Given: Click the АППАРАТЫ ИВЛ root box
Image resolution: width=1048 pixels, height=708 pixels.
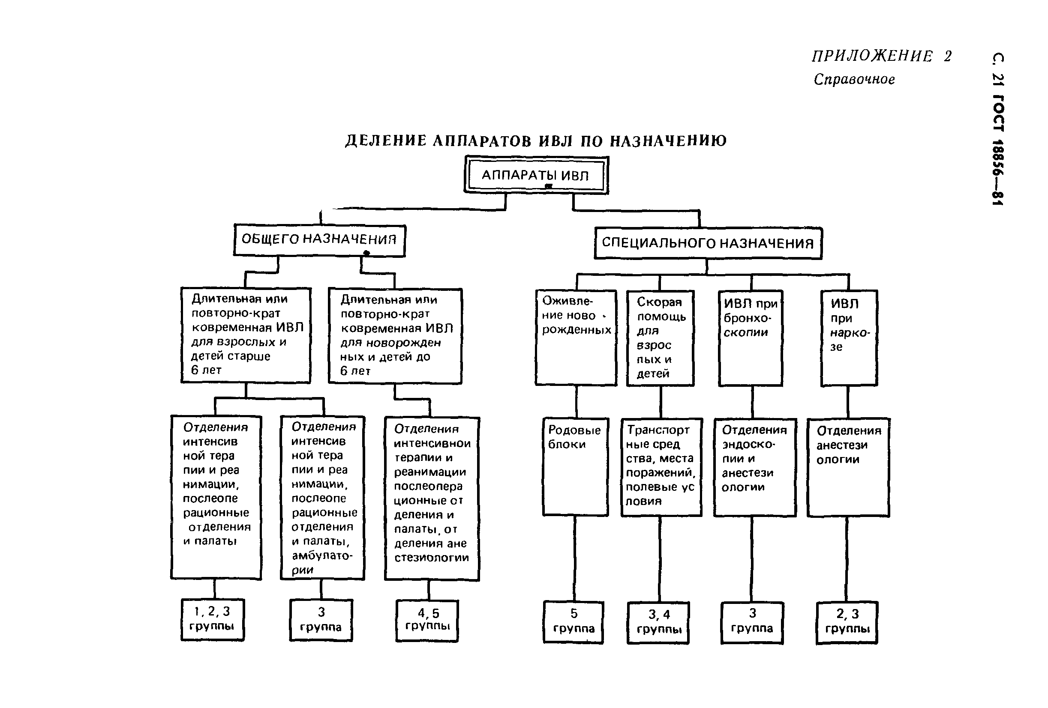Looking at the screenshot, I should pos(536,175).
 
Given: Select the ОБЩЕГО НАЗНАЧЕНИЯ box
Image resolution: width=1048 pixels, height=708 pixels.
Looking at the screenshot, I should pos(319,240).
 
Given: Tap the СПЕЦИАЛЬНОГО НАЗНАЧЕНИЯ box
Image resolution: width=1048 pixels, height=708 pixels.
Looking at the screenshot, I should pos(708,243).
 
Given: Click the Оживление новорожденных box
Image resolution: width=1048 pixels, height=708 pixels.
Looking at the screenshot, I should pos(576,338).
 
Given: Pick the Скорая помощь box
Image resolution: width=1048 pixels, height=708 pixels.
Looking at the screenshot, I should pos(660,338).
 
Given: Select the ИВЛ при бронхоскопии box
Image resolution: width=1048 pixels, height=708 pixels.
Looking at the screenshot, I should pos(751,338).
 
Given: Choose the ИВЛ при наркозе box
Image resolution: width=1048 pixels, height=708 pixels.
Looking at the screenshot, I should pos(849,338).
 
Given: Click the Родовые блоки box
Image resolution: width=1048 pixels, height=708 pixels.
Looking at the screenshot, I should pos(575,466).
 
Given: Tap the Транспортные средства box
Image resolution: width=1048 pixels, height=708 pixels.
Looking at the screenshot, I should pos(661,467).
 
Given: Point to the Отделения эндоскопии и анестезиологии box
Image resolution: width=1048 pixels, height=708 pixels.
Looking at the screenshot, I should pos(754,467).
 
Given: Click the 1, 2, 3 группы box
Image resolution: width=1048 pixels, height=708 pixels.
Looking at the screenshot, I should pos(213,619).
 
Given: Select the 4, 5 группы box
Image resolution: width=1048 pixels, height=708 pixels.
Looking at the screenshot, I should pos(427,620).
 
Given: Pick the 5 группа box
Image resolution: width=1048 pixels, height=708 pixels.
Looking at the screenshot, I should pos(573,621).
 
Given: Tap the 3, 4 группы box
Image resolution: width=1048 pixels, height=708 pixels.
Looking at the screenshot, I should pos(658,622).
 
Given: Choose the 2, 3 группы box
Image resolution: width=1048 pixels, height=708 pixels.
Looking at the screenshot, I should pos(847,622).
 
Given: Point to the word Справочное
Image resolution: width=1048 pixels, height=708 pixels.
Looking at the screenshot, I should pos(854,80).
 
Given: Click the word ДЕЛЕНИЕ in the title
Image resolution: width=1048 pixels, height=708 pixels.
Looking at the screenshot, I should pos(386,141).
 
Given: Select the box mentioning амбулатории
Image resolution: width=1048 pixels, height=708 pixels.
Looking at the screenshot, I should pos(322,498).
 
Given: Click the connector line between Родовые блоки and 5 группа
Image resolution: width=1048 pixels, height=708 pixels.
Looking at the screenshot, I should pos(574,559).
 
